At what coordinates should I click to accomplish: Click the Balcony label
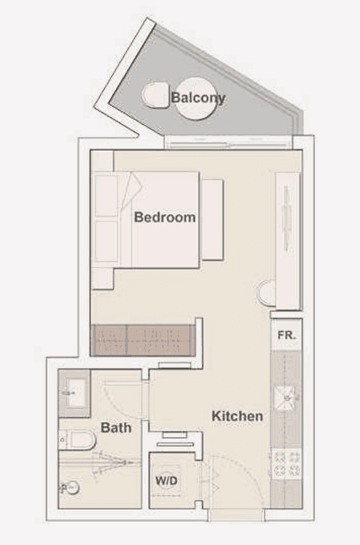(x=198, y=97)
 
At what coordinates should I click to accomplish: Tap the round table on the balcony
(x=197, y=99)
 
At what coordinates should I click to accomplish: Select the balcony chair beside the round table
(x=155, y=94)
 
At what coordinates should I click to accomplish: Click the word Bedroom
(x=165, y=217)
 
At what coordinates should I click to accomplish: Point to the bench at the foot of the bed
(x=212, y=220)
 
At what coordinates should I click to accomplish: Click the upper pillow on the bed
(x=106, y=196)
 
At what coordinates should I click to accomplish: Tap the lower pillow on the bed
(x=106, y=242)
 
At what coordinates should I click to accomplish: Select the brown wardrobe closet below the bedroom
(x=143, y=341)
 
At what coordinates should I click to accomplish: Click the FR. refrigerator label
(x=287, y=336)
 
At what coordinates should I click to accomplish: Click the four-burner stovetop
(x=287, y=464)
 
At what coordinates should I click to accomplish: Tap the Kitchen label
(x=238, y=416)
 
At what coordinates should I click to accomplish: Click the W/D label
(x=166, y=481)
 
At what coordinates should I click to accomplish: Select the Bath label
(x=116, y=427)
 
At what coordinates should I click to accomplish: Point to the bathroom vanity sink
(x=74, y=394)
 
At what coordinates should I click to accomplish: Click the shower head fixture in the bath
(x=69, y=489)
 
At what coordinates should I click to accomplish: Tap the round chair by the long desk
(x=267, y=293)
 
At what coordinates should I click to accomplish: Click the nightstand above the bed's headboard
(x=102, y=160)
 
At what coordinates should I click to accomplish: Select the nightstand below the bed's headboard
(x=102, y=279)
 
